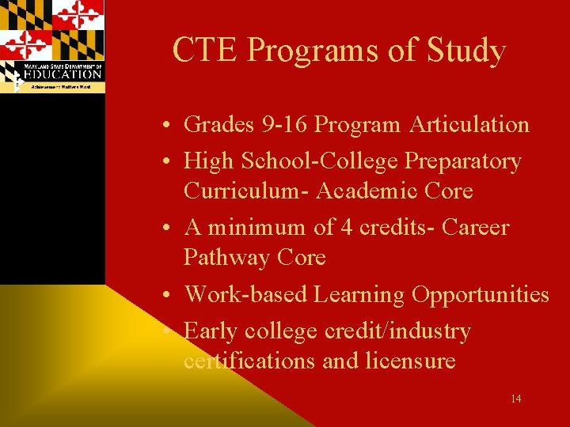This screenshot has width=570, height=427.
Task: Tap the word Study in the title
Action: tap(465, 51)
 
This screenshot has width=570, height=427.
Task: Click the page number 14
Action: tap(515, 399)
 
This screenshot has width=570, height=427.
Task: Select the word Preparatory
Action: tap(463, 161)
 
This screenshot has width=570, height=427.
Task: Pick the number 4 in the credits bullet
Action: tap(346, 228)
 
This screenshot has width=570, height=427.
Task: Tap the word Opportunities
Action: tap(480, 294)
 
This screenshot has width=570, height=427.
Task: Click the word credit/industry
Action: tap(397, 331)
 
